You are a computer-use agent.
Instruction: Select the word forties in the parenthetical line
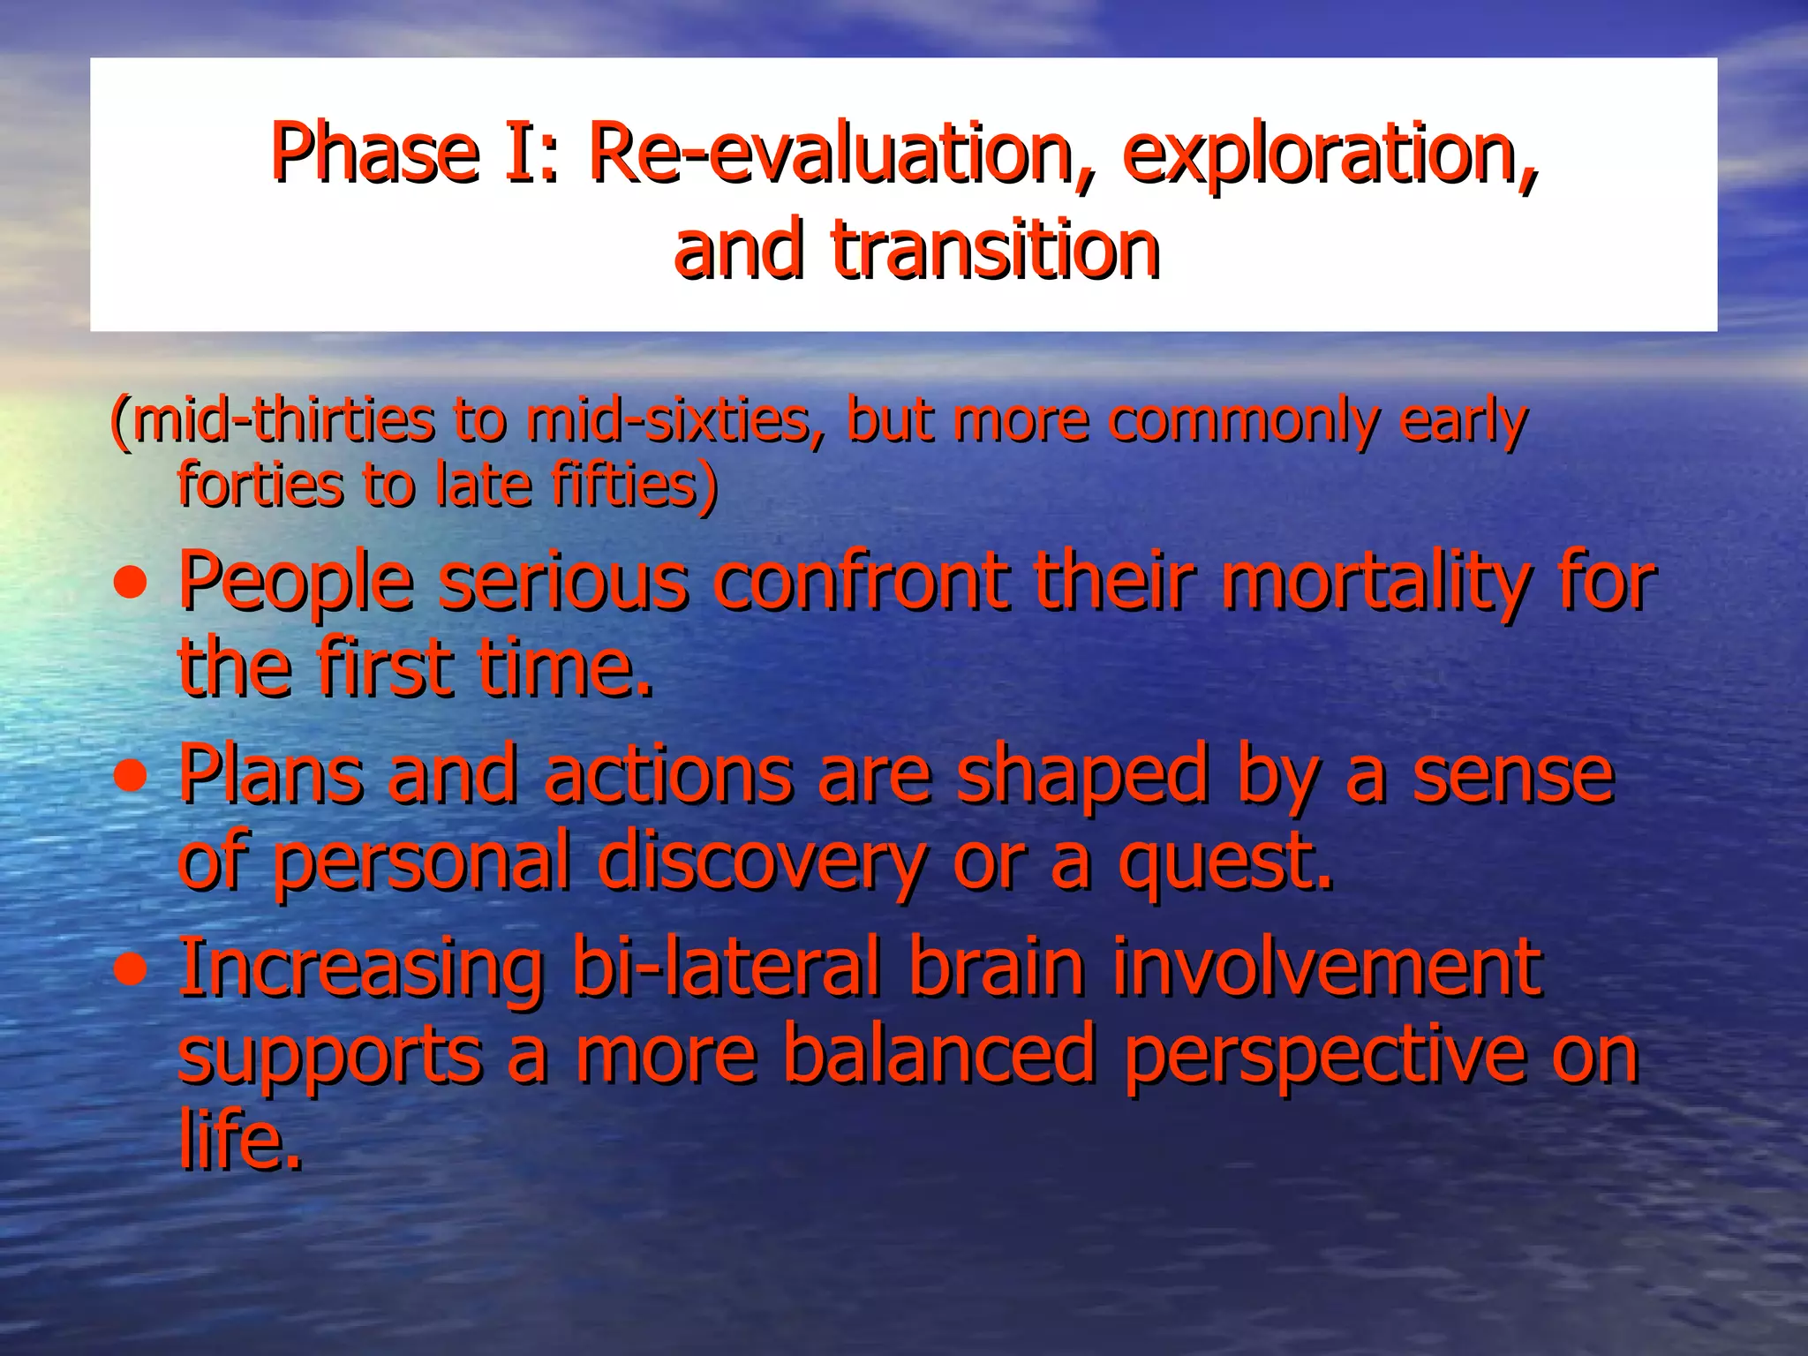tap(260, 485)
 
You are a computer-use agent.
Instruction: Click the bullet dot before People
tap(132, 584)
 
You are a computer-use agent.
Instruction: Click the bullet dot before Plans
tap(132, 778)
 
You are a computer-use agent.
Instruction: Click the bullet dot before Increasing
tap(132, 971)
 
